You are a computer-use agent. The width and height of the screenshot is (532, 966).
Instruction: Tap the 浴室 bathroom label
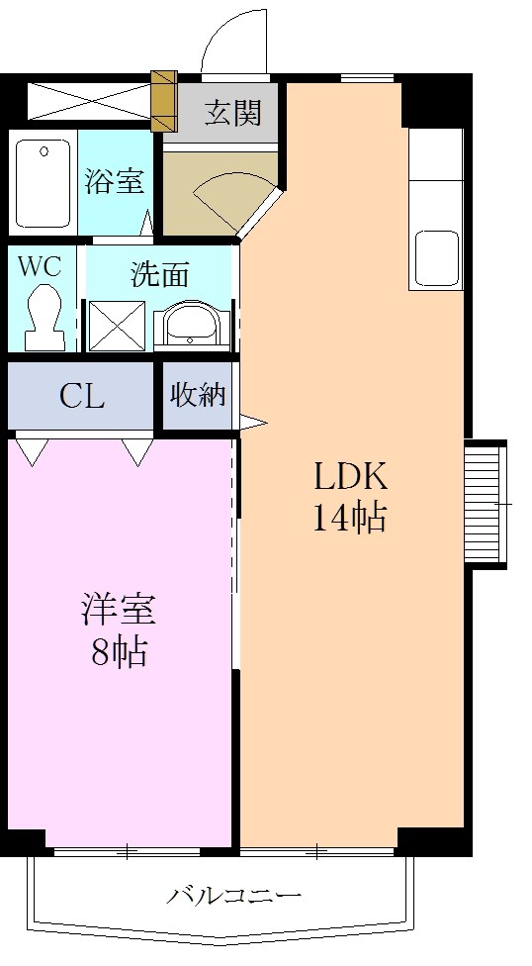tap(114, 180)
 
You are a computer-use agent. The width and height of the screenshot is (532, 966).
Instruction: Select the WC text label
tap(40, 267)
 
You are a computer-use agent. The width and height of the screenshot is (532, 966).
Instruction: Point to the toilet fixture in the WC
tap(44, 318)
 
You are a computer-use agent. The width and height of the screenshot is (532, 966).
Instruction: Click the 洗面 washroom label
tap(159, 275)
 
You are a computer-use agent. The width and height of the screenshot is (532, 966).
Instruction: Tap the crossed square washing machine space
tap(117, 327)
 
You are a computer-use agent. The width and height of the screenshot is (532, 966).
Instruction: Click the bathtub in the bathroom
tap(44, 183)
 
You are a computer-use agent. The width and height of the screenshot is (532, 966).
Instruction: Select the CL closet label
tap(82, 397)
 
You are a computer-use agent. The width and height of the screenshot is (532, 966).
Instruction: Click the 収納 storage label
tap(198, 395)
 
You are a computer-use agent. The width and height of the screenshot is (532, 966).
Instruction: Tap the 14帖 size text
tap(350, 518)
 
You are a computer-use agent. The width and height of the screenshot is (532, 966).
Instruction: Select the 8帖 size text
tap(119, 652)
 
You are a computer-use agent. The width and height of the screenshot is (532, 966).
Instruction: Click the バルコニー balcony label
tap(234, 895)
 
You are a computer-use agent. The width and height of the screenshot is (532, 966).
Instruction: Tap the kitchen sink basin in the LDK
tap(436, 258)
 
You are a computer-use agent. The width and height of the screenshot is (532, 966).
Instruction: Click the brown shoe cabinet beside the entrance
tap(164, 102)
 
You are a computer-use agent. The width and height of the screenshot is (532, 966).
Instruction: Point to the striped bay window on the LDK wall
tap(486, 505)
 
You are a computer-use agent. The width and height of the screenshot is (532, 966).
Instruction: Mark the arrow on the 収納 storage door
tap(253, 423)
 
